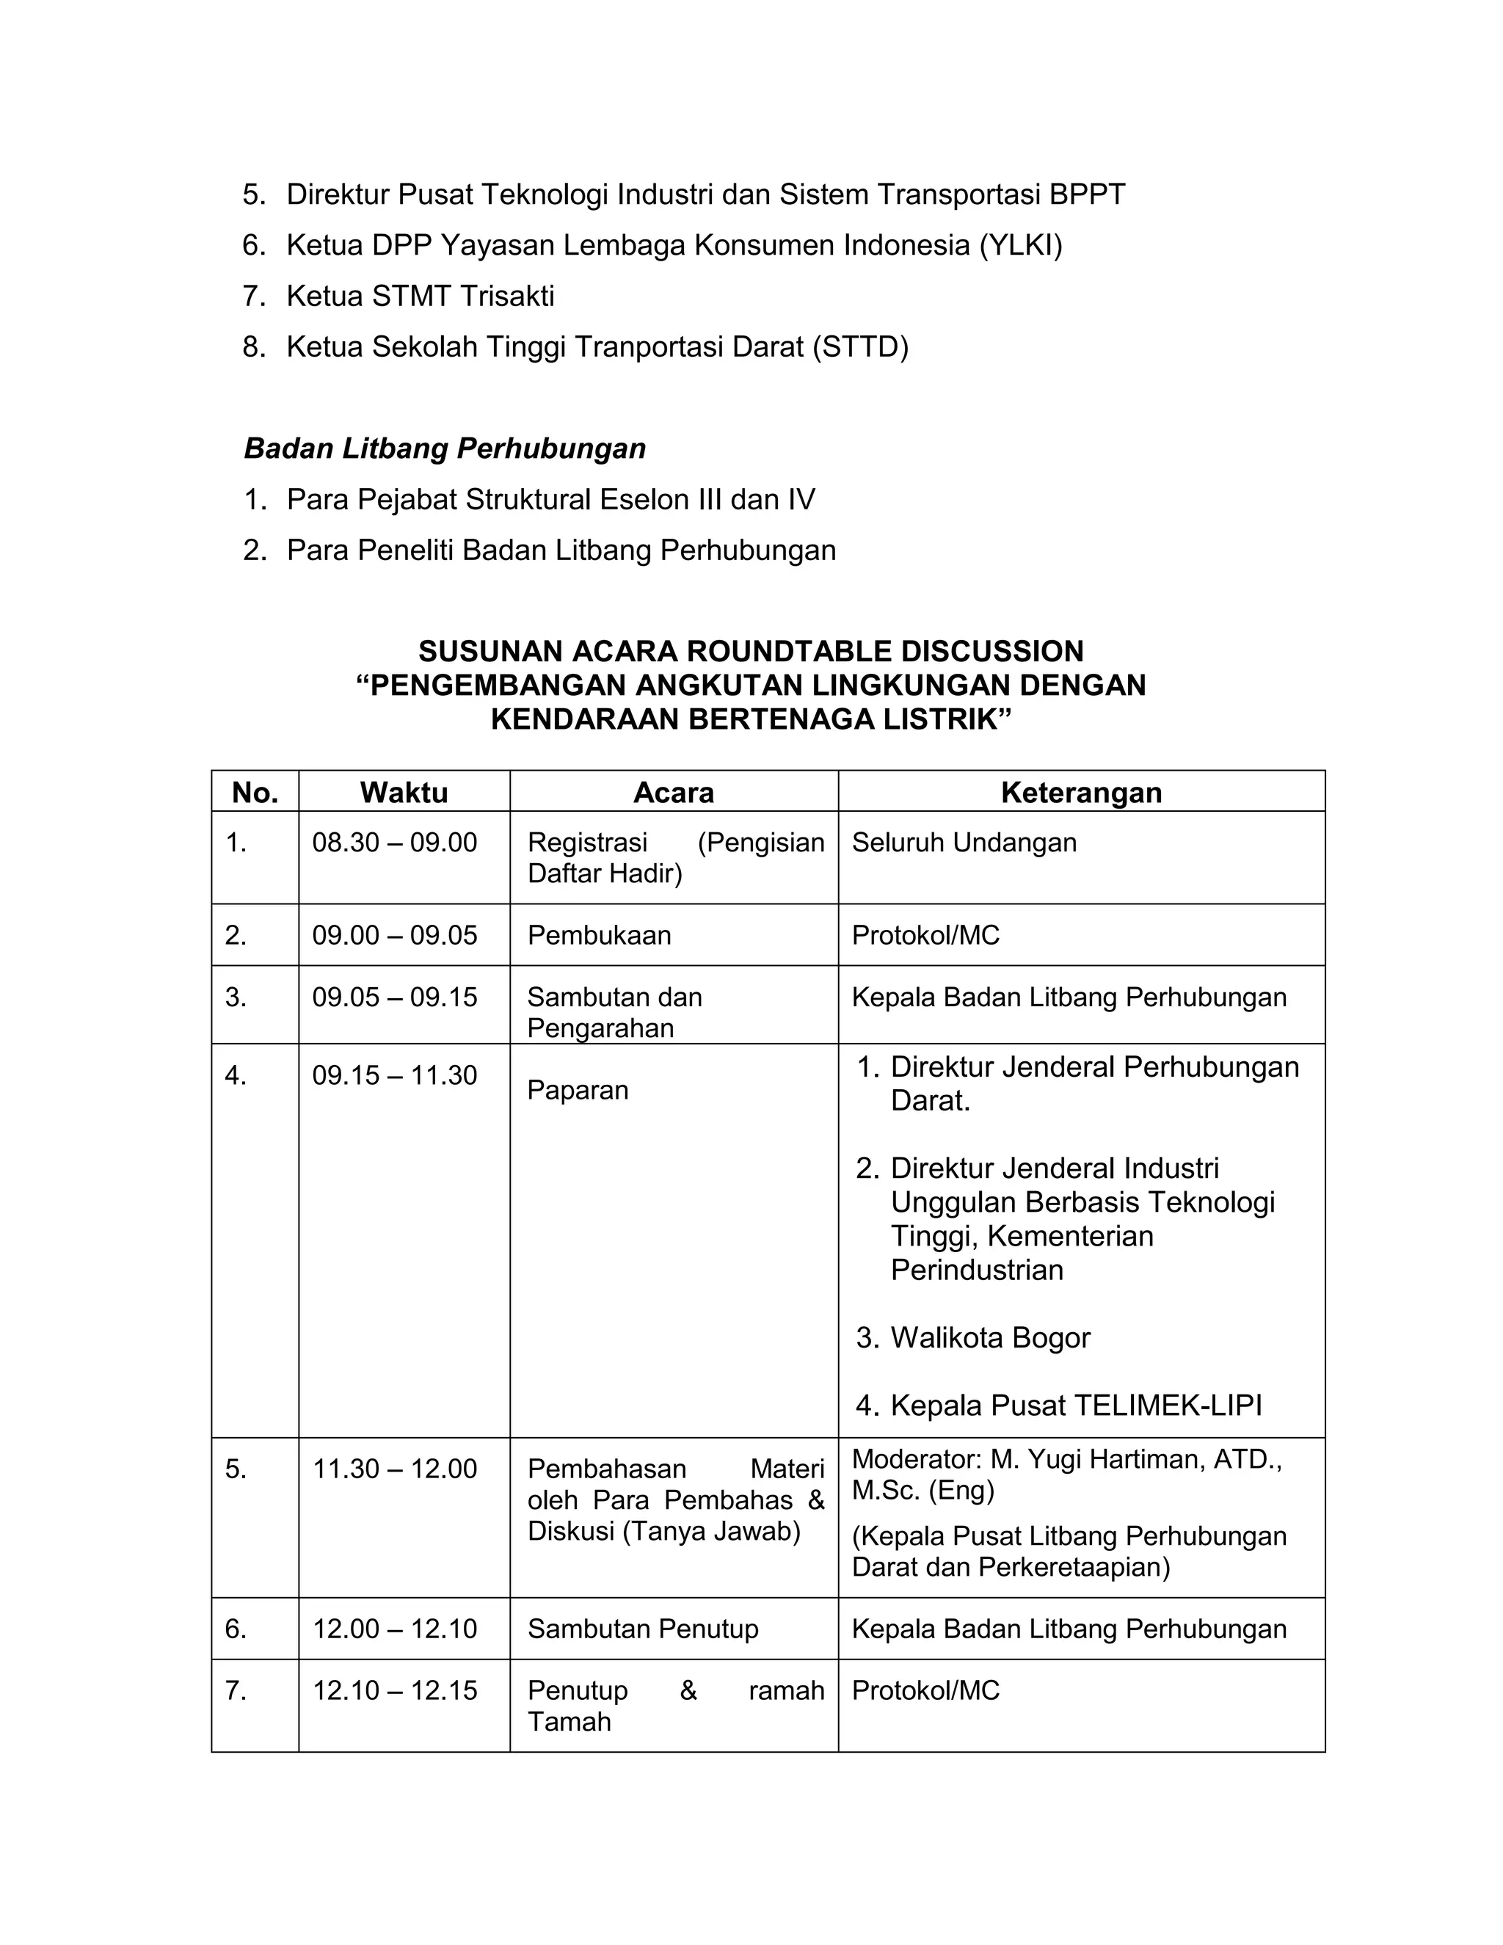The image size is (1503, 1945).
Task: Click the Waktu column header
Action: pyautogui.click(x=404, y=792)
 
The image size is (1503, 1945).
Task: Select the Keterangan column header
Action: pyautogui.click(x=1081, y=792)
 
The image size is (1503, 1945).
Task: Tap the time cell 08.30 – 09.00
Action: pyautogui.click(x=394, y=842)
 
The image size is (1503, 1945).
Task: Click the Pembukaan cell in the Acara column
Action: pyautogui.click(x=600, y=935)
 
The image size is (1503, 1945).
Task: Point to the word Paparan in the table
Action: pyautogui.click(x=578, y=1090)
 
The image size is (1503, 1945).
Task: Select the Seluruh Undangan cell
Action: pyautogui.click(x=964, y=842)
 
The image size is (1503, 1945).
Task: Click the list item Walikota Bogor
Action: pyautogui.click(x=990, y=1337)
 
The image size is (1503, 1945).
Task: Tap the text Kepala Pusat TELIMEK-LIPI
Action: pyautogui.click(x=1076, y=1406)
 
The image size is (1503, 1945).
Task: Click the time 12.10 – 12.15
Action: pyautogui.click(x=394, y=1690)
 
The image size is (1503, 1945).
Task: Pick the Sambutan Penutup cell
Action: pyautogui.click(x=643, y=1629)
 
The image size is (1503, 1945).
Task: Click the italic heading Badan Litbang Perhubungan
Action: pyautogui.click(x=445, y=448)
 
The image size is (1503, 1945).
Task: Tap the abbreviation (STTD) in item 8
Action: pyautogui.click(x=860, y=346)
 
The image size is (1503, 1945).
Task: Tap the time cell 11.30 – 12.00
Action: pyautogui.click(x=394, y=1469)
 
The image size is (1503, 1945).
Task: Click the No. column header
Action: pyautogui.click(x=255, y=792)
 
